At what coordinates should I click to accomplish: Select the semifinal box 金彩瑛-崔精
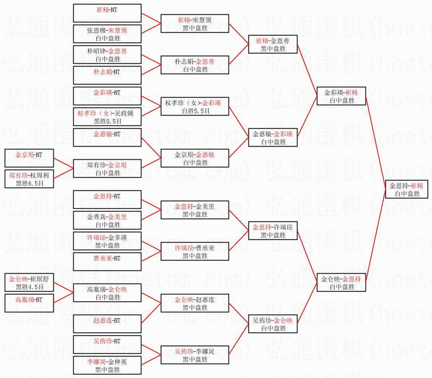[x=341, y=96]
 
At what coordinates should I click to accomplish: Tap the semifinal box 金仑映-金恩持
[x=341, y=282]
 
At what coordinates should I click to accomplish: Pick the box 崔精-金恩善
[x=273, y=44]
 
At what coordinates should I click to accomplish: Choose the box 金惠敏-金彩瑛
[x=273, y=137]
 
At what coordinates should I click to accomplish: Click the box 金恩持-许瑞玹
[x=273, y=231]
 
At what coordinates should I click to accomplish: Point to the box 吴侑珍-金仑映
[x=273, y=324]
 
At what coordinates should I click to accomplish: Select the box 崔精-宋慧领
[x=195, y=24]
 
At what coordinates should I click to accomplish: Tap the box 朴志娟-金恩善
[x=195, y=65]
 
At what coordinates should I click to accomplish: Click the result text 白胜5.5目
[x=195, y=111]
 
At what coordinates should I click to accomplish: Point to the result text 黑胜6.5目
[x=29, y=184]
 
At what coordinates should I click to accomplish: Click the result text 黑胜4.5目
[x=29, y=286]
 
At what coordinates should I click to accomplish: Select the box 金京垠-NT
[x=29, y=158]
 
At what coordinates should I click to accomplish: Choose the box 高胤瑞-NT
[x=29, y=303]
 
